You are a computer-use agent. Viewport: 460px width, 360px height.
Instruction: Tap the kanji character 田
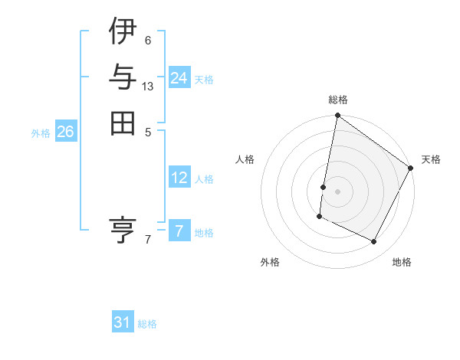coord(123,123)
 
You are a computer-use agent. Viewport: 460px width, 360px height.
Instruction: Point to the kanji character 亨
coord(123,229)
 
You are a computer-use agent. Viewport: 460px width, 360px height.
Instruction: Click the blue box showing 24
coord(179,78)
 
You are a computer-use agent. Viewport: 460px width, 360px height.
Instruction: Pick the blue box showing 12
coord(179,178)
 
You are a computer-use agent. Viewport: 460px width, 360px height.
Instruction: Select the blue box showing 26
coord(65,132)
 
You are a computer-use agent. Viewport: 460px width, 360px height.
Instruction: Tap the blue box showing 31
coord(123,322)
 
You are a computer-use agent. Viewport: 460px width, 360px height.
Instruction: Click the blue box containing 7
coord(179,231)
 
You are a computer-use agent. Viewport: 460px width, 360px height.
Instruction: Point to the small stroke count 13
coord(148,87)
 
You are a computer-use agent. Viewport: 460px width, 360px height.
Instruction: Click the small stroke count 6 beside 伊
coord(147,40)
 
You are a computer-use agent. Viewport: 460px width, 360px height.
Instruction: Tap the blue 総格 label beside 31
coord(147,324)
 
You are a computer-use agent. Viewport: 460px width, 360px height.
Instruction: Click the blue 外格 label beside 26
coord(41,133)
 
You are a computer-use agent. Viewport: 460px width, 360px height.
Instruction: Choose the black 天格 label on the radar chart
coord(431,159)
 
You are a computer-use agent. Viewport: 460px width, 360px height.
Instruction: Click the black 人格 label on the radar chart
coord(245,159)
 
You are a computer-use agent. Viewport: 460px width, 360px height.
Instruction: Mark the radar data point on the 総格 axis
coord(337,116)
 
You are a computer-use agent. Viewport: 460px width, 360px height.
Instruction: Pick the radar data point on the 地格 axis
coord(374,242)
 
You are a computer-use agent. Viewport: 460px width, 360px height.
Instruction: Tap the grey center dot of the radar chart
coord(337,191)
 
